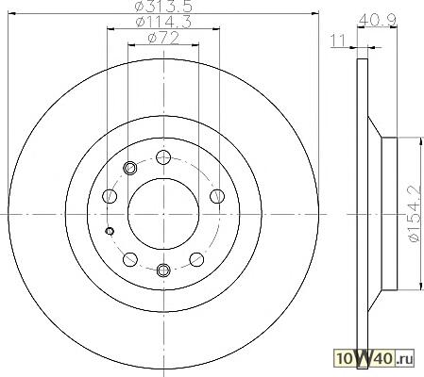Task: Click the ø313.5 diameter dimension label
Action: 163,6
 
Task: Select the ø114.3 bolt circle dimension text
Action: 163,23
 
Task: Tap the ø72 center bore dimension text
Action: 163,39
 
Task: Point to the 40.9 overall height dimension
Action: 378,20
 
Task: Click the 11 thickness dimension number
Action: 338,41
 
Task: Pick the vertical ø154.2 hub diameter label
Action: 415,214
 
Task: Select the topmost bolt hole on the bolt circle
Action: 163,157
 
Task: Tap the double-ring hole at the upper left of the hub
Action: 129,168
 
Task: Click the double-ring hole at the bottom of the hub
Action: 163,270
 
